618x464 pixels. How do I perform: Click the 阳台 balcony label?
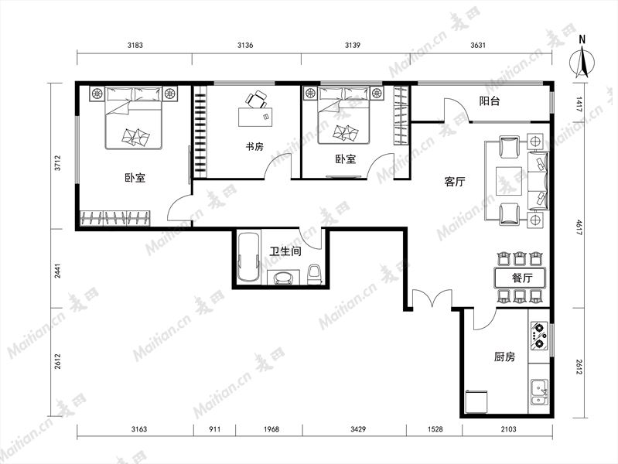click(490, 101)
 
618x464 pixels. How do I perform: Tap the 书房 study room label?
click(254, 147)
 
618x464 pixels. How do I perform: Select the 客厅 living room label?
click(455, 182)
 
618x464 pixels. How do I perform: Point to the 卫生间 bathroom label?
click(285, 251)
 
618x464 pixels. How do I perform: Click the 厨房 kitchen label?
click(504, 357)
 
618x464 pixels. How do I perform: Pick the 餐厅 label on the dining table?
click(522, 278)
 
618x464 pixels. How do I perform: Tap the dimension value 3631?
click(478, 46)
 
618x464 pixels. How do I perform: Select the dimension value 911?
click(214, 429)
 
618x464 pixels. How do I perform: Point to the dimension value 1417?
click(579, 104)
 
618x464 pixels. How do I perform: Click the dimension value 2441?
click(57, 271)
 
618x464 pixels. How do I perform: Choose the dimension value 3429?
click(358, 429)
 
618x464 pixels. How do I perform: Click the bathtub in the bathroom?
click(249, 258)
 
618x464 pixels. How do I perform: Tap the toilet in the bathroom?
click(314, 275)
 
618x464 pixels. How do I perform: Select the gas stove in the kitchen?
click(539, 336)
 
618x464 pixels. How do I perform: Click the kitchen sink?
click(539, 392)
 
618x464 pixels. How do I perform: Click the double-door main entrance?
click(432, 299)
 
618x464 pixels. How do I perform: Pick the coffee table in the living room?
click(509, 181)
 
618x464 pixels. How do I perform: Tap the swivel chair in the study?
click(256, 99)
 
